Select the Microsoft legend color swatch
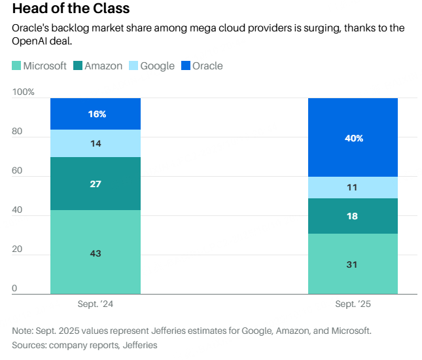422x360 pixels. pyautogui.click(x=16, y=66)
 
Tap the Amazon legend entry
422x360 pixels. pyautogui.click(x=98, y=66)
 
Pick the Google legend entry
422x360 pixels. pyautogui.click(x=152, y=66)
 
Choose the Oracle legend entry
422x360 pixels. pyautogui.click(x=202, y=66)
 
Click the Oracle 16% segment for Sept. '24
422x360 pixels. pyautogui.click(x=96, y=114)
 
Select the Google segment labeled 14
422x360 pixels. pyautogui.click(x=96, y=143)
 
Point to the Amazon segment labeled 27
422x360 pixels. pyautogui.click(x=96, y=184)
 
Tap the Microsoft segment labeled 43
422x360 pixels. pyautogui.click(x=96, y=253)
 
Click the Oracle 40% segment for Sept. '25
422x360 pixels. pyautogui.click(x=353, y=137)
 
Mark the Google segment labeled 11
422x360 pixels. pyautogui.click(x=353, y=187)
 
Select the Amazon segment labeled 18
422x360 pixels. pyautogui.click(x=353, y=216)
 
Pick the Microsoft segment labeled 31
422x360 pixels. pyautogui.click(x=353, y=264)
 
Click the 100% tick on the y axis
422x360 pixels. pyautogui.click(x=24, y=92)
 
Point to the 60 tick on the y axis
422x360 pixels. pyautogui.click(x=18, y=171)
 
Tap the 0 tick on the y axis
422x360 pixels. pyautogui.click(x=15, y=289)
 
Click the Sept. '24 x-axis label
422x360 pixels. pyautogui.click(x=96, y=304)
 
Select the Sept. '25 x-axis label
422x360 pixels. pyautogui.click(x=353, y=304)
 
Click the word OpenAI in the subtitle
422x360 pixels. pyautogui.click(x=31, y=41)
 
